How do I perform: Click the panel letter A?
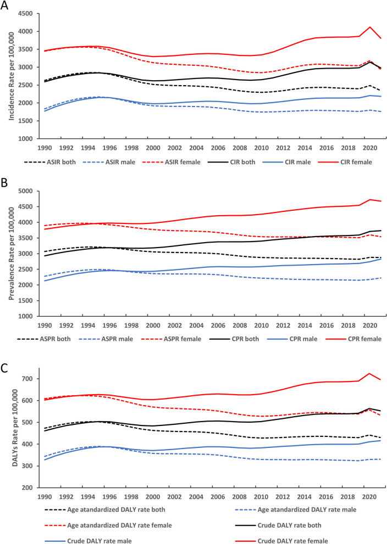[4, 5]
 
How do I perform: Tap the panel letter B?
[4, 182]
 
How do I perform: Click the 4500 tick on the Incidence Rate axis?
[25, 14]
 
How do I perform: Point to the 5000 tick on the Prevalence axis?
[25, 191]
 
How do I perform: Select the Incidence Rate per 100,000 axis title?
[12, 76]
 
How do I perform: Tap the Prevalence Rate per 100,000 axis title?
[12, 254]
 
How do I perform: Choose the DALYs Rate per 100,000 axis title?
[15, 428]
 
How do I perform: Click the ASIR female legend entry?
[171, 162]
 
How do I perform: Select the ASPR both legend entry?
[44, 339]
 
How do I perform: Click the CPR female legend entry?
[353, 339]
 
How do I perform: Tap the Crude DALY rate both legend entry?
[278, 525]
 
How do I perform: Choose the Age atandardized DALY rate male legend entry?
[296, 509]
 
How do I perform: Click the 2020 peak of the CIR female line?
[370, 27]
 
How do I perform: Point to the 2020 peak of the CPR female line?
[370, 199]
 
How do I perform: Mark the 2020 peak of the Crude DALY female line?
[369, 374]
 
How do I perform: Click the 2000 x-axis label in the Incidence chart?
[153, 148]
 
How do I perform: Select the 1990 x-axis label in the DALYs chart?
[45, 497]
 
